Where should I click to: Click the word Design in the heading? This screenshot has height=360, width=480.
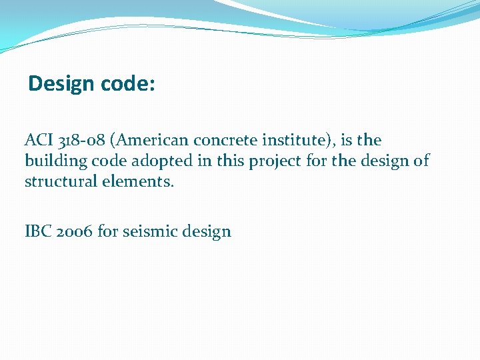click(x=62, y=84)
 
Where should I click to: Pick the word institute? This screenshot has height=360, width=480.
click(x=291, y=140)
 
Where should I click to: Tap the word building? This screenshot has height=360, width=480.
click(x=51, y=161)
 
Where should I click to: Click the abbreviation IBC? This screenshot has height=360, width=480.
click(x=37, y=231)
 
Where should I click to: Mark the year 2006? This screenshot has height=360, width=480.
click(x=73, y=231)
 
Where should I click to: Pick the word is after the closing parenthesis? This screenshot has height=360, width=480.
click(x=345, y=140)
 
